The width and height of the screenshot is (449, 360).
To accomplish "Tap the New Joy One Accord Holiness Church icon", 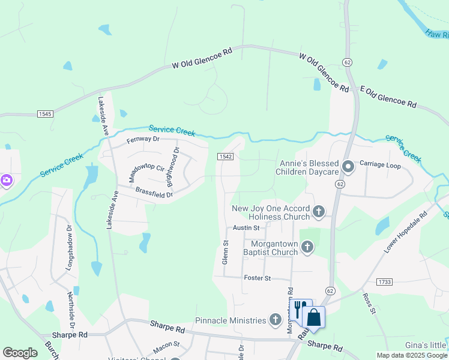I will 319,211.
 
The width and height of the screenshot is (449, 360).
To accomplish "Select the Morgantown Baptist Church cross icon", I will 307,247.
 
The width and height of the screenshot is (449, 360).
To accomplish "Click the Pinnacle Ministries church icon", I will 276,320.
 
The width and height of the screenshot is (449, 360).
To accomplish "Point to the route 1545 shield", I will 44,114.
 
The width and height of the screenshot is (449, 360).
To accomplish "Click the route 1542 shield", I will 225,156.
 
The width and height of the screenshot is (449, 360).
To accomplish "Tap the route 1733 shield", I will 385,281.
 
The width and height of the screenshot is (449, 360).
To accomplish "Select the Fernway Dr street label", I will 143,139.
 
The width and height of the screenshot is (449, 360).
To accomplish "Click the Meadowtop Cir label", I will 146,170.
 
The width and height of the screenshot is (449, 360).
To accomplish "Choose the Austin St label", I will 246,228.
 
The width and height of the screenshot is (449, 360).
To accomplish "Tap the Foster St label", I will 258,278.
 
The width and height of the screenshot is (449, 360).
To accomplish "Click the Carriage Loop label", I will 380,164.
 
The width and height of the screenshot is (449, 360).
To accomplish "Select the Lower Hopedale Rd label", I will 406,232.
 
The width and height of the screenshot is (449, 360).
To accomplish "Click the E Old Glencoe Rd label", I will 388,96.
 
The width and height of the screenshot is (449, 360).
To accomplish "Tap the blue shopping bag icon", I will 314,317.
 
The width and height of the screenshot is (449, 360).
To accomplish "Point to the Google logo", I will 20,353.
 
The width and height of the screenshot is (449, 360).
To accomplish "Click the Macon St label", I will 166,344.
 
